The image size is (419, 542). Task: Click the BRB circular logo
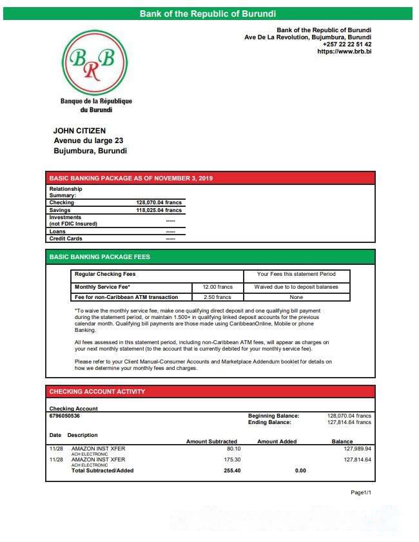point(95,63)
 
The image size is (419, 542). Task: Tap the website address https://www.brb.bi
point(344,51)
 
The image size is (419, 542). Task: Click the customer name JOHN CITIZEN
point(79,131)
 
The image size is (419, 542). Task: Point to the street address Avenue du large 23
point(88,140)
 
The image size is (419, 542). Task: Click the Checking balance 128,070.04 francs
point(159,202)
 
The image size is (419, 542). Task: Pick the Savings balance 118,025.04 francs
point(159,210)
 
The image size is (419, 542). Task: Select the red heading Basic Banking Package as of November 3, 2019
point(131,178)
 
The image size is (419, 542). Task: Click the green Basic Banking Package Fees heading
point(100,256)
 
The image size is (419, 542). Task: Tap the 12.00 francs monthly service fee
point(217,287)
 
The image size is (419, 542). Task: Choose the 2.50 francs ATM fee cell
point(217,297)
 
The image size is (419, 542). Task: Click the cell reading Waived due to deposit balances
point(297,287)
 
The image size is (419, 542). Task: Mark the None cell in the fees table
point(297,297)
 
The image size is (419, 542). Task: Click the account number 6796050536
point(64,416)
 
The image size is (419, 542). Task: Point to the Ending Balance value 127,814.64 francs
point(349,422)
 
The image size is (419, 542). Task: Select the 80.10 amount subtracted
point(233,448)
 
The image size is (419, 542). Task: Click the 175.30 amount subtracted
point(232,460)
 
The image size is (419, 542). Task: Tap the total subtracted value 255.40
point(232,470)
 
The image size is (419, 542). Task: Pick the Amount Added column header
point(277,441)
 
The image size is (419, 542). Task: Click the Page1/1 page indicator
point(361,492)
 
